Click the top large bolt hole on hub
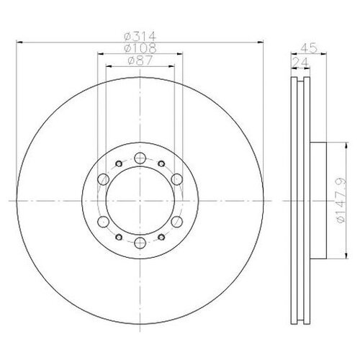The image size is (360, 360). pyautogui.click(x=140, y=158)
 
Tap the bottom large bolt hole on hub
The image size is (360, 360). pyautogui.click(x=140, y=243)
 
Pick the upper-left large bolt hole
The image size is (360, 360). pyautogui.click(x=104, y=179)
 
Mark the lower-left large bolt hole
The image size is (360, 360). pyautogui.click(x=104, y=221)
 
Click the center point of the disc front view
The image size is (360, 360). pyautogui.click(x=140, y=200)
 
